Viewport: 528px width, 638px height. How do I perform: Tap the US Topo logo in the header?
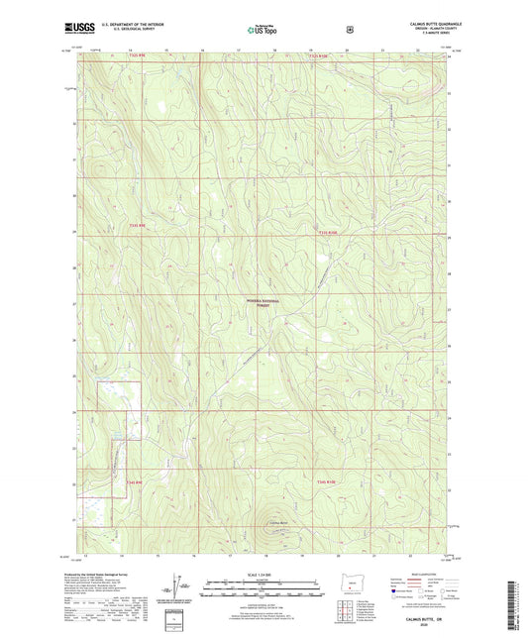tap(261, 30)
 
